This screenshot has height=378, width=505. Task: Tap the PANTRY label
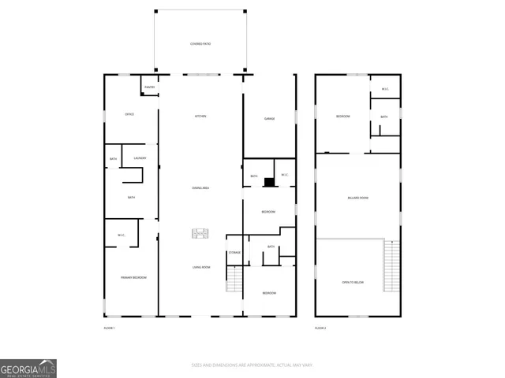coord(150,87)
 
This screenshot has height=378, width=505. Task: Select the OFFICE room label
coord(129,114)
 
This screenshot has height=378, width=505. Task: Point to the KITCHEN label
coord(200,117)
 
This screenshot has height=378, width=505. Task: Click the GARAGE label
coord(268,119)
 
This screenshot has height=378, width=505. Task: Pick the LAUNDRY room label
coord(140,158)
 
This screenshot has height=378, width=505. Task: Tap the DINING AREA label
coord(200,188)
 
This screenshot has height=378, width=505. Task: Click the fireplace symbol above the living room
coord(200,233)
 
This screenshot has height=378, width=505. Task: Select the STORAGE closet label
coord(234,252)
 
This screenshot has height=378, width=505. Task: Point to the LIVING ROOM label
coord(200,268)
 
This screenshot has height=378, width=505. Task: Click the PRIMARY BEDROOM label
coord(133,278)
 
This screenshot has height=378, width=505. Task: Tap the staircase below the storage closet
coord(234,280)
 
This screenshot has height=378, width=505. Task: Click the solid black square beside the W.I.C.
coord(269,183)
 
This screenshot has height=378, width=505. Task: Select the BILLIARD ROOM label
coord(358,198)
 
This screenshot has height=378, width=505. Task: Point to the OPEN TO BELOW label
coord(353,282)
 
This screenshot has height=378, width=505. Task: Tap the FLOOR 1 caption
coord(110,327)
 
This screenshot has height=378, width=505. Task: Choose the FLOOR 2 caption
coord(320,327)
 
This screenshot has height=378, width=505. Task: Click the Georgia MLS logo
coord(28,369)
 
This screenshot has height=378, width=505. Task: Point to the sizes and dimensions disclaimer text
coord(252,365)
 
